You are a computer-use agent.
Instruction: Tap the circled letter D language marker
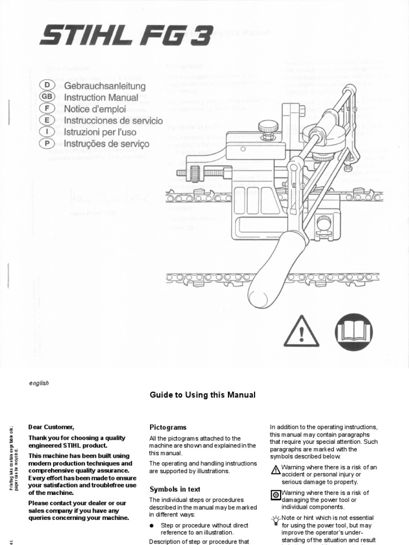click(x=47, y=86)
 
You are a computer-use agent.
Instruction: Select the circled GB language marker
click(x=47, y=97)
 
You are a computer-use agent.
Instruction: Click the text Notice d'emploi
click(x=95, y=109)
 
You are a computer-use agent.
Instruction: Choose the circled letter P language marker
click(x=47, y=144)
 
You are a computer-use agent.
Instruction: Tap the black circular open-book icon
click(x=353, y=332)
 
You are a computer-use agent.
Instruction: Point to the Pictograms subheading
click(x=168, y=427)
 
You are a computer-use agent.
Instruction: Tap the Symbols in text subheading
click(x=174, y=489)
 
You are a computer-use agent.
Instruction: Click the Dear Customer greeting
click(x=52, y=427)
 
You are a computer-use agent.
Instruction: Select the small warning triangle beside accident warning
click(x=275, y=469)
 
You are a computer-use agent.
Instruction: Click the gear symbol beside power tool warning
click(x=275, y=494)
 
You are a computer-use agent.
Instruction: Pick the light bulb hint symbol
click(x=275, y=519)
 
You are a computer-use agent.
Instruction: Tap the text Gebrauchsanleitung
click(x=104, y=86)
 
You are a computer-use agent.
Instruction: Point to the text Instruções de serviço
click(x=107, y=144)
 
